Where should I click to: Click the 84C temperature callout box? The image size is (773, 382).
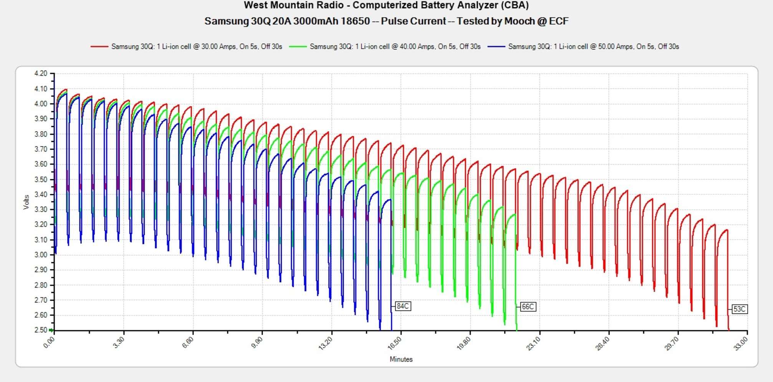tap(402, 306)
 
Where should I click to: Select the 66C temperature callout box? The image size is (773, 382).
tap(528, 307)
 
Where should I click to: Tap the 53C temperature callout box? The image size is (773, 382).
tap(739, 309)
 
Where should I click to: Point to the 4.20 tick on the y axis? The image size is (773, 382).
tap(41, 73)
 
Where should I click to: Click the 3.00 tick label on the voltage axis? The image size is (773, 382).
tap(41, 255)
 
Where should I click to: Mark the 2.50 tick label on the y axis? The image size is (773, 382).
tap(41, 330)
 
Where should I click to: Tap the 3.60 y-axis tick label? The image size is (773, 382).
tap(41, 164)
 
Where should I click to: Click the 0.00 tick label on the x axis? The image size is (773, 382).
tap(49, 342)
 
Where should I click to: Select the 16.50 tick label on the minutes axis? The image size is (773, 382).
tap(394, 343)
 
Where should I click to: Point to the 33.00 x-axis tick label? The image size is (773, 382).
tap(740, 343)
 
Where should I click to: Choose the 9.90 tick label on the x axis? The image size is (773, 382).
tap(257, 343)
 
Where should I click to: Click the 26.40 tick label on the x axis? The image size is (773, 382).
tap(602, 343)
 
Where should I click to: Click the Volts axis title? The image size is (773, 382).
tap(26, 202)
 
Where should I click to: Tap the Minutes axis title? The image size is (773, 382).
tap(401, 359)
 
